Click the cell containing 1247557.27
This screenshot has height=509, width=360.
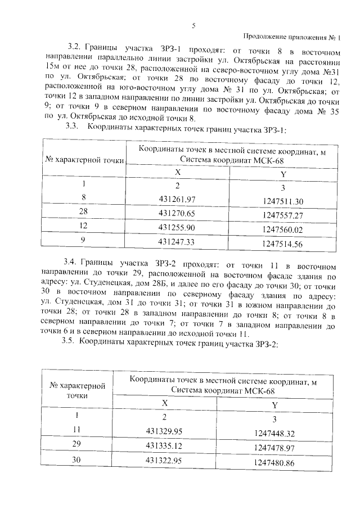click(x=282, y=215)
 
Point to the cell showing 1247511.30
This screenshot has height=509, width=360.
click(x=282, y=201)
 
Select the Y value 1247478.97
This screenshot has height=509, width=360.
click(x=274, y=448)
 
